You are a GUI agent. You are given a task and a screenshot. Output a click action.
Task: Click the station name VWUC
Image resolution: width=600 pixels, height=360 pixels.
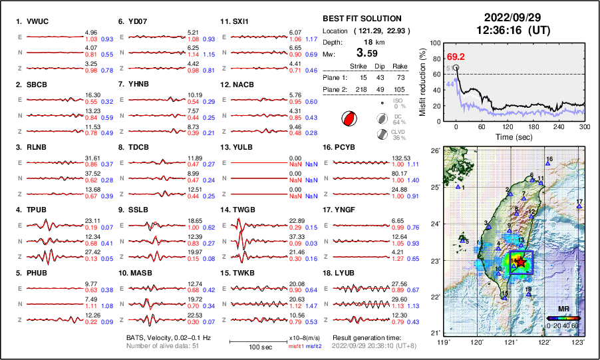point(38,21)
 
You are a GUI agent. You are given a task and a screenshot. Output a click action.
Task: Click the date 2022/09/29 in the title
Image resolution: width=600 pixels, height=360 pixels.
point(512,17)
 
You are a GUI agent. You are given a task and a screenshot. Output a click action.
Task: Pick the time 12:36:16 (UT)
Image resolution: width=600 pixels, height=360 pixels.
point(512,29)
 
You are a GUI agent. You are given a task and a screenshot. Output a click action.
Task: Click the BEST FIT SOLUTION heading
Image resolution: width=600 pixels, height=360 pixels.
point(361,18)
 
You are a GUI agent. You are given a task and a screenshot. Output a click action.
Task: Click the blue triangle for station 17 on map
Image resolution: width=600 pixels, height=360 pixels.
point(579,207)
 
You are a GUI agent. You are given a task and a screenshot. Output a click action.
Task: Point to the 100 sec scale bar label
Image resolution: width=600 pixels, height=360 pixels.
point(255,347)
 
